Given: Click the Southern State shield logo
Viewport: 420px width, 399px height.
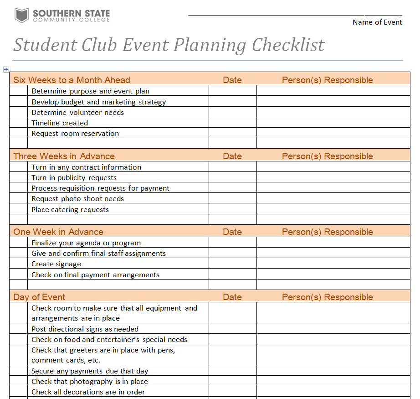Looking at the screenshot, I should pyautogui.click(x=22, y=16).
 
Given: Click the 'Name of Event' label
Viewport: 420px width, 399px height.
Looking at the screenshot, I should pyautogui.click(x=377, y=22).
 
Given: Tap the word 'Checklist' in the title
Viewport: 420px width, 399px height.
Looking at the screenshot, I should pyautogui.click(x=288, y=45).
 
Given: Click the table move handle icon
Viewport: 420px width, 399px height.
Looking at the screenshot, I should pyautogui.click(x=6, y=69).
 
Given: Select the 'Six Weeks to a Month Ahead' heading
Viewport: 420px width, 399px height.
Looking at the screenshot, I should pyautogui.click(x=72, y=80).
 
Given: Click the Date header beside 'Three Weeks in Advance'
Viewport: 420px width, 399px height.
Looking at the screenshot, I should pyautogui.click(x=232, y=156).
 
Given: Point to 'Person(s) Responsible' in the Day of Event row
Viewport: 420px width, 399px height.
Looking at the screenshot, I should pyautogui.click(x=327, y=297).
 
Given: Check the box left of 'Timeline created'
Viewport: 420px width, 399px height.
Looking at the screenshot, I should pyautogui.click(x=18, y=123).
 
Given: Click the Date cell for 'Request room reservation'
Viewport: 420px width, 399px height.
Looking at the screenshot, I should pyautogui.click(x=232, y=133).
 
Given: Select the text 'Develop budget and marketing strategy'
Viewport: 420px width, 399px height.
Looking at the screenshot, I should pyautogui.click(x=98, y=102).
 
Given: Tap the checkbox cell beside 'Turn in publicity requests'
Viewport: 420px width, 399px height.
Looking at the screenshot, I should pyautogui.click(x=18, y=178).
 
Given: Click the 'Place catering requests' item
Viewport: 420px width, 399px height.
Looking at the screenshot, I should pyautogui.click(x=70, y=209).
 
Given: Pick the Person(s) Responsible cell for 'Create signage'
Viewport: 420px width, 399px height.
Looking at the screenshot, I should pyautogui.click(x=333, y=264).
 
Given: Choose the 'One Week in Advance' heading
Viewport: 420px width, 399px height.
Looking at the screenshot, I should pyautogui.click(x=58, y=232).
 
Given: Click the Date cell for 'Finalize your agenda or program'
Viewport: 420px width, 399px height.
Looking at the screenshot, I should pyautogui.click(x=232, y=243).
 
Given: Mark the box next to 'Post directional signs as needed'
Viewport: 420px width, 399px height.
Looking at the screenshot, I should pyautogui.click(x=18, y=329).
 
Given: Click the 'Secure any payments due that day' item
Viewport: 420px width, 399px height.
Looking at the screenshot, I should pyautogui.click(x=90, y=371).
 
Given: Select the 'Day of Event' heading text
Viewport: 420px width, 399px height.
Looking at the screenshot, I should pyautogui.click(x=39, y=297).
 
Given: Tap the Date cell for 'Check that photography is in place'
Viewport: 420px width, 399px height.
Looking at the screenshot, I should pyautogui.click(x=232, y=381).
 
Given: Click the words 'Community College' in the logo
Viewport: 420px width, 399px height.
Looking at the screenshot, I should pyautogui.click(x=71, y=20).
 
